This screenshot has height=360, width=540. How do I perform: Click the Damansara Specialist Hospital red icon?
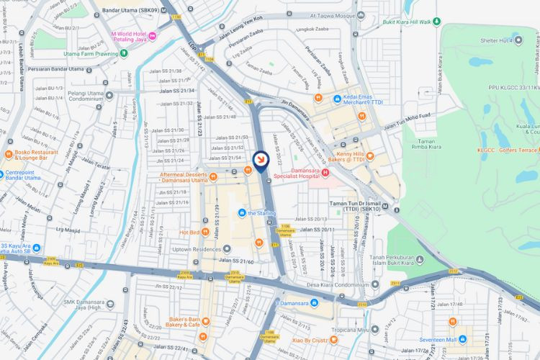pyautogui.click(x=325, y=172)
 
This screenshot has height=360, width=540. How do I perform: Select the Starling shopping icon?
pyautogui.click(x=243, y=213)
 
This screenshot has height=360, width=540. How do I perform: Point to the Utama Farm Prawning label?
pyautogui.click(x=90, y=54)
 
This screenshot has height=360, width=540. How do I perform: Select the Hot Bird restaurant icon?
pyautogui.click(x=205, y=232)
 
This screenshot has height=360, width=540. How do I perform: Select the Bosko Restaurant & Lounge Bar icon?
pyautogui.click(x=9, y=154)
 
